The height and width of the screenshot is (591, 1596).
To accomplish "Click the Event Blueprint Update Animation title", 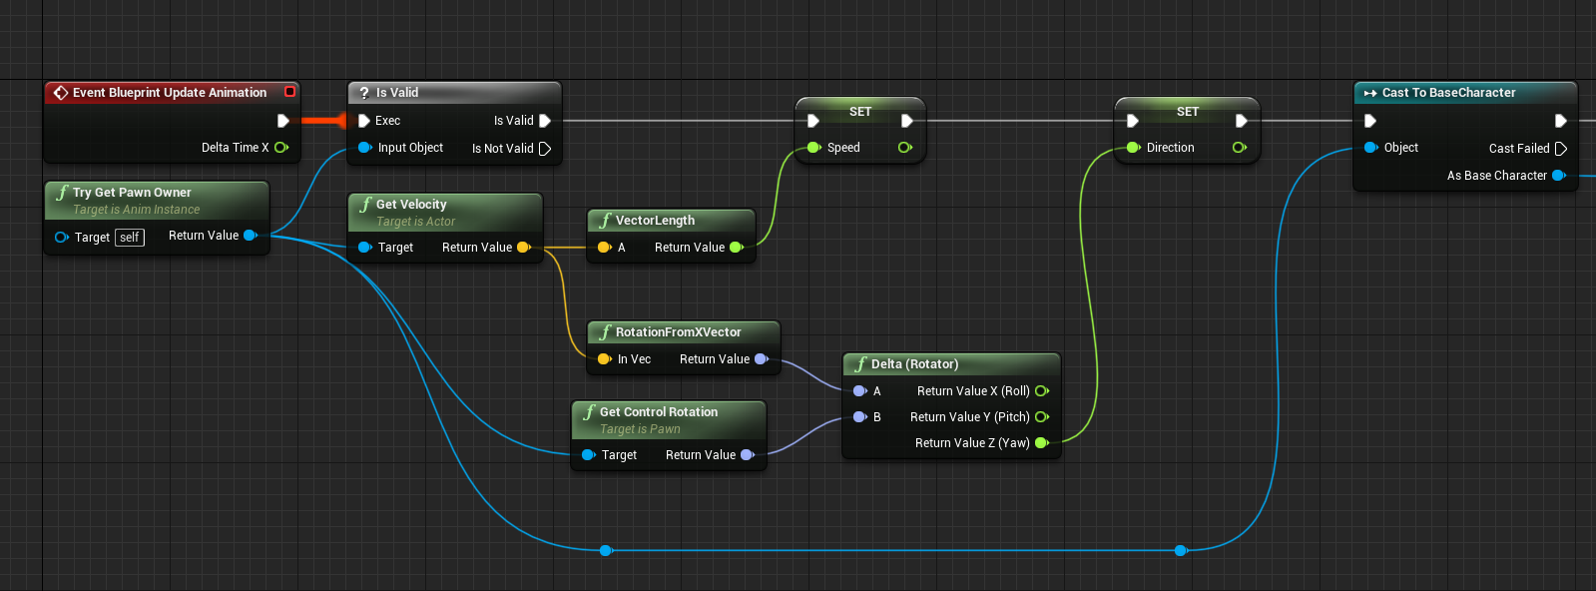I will coord(169,93).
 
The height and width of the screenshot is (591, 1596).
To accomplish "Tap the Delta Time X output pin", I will coord(281,148).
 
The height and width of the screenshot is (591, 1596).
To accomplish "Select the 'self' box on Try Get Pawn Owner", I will coord(130,238).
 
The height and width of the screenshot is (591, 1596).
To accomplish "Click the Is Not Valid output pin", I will coord(545,149).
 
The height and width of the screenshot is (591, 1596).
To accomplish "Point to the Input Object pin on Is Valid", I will coord(365,148).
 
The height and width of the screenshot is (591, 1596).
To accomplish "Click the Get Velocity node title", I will coord(410,205).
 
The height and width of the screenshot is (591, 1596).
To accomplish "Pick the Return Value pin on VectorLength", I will coord(737,248).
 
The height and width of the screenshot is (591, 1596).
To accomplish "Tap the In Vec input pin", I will coord(604,359).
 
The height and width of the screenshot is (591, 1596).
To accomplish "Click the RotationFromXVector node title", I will coord(678,332).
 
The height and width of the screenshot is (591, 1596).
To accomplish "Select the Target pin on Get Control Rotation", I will coord(589,455).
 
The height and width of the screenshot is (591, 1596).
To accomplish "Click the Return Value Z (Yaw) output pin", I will coord(1042,443).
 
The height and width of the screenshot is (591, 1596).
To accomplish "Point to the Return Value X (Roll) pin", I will coord(1042,391).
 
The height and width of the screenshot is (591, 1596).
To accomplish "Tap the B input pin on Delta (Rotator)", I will coord(859,417).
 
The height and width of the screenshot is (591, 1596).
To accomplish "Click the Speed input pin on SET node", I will coord(814,148).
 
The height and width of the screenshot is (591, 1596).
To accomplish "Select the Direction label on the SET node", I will coord(1170,148).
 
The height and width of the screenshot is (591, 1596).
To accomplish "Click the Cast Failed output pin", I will coord(1561,149).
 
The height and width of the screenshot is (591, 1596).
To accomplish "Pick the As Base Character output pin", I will coord(1558,176).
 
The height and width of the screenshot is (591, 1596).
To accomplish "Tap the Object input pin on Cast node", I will coord(1371,148).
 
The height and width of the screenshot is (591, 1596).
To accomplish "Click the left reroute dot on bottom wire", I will coord(606,550).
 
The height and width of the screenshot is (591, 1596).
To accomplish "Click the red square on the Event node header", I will coord(290,92).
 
